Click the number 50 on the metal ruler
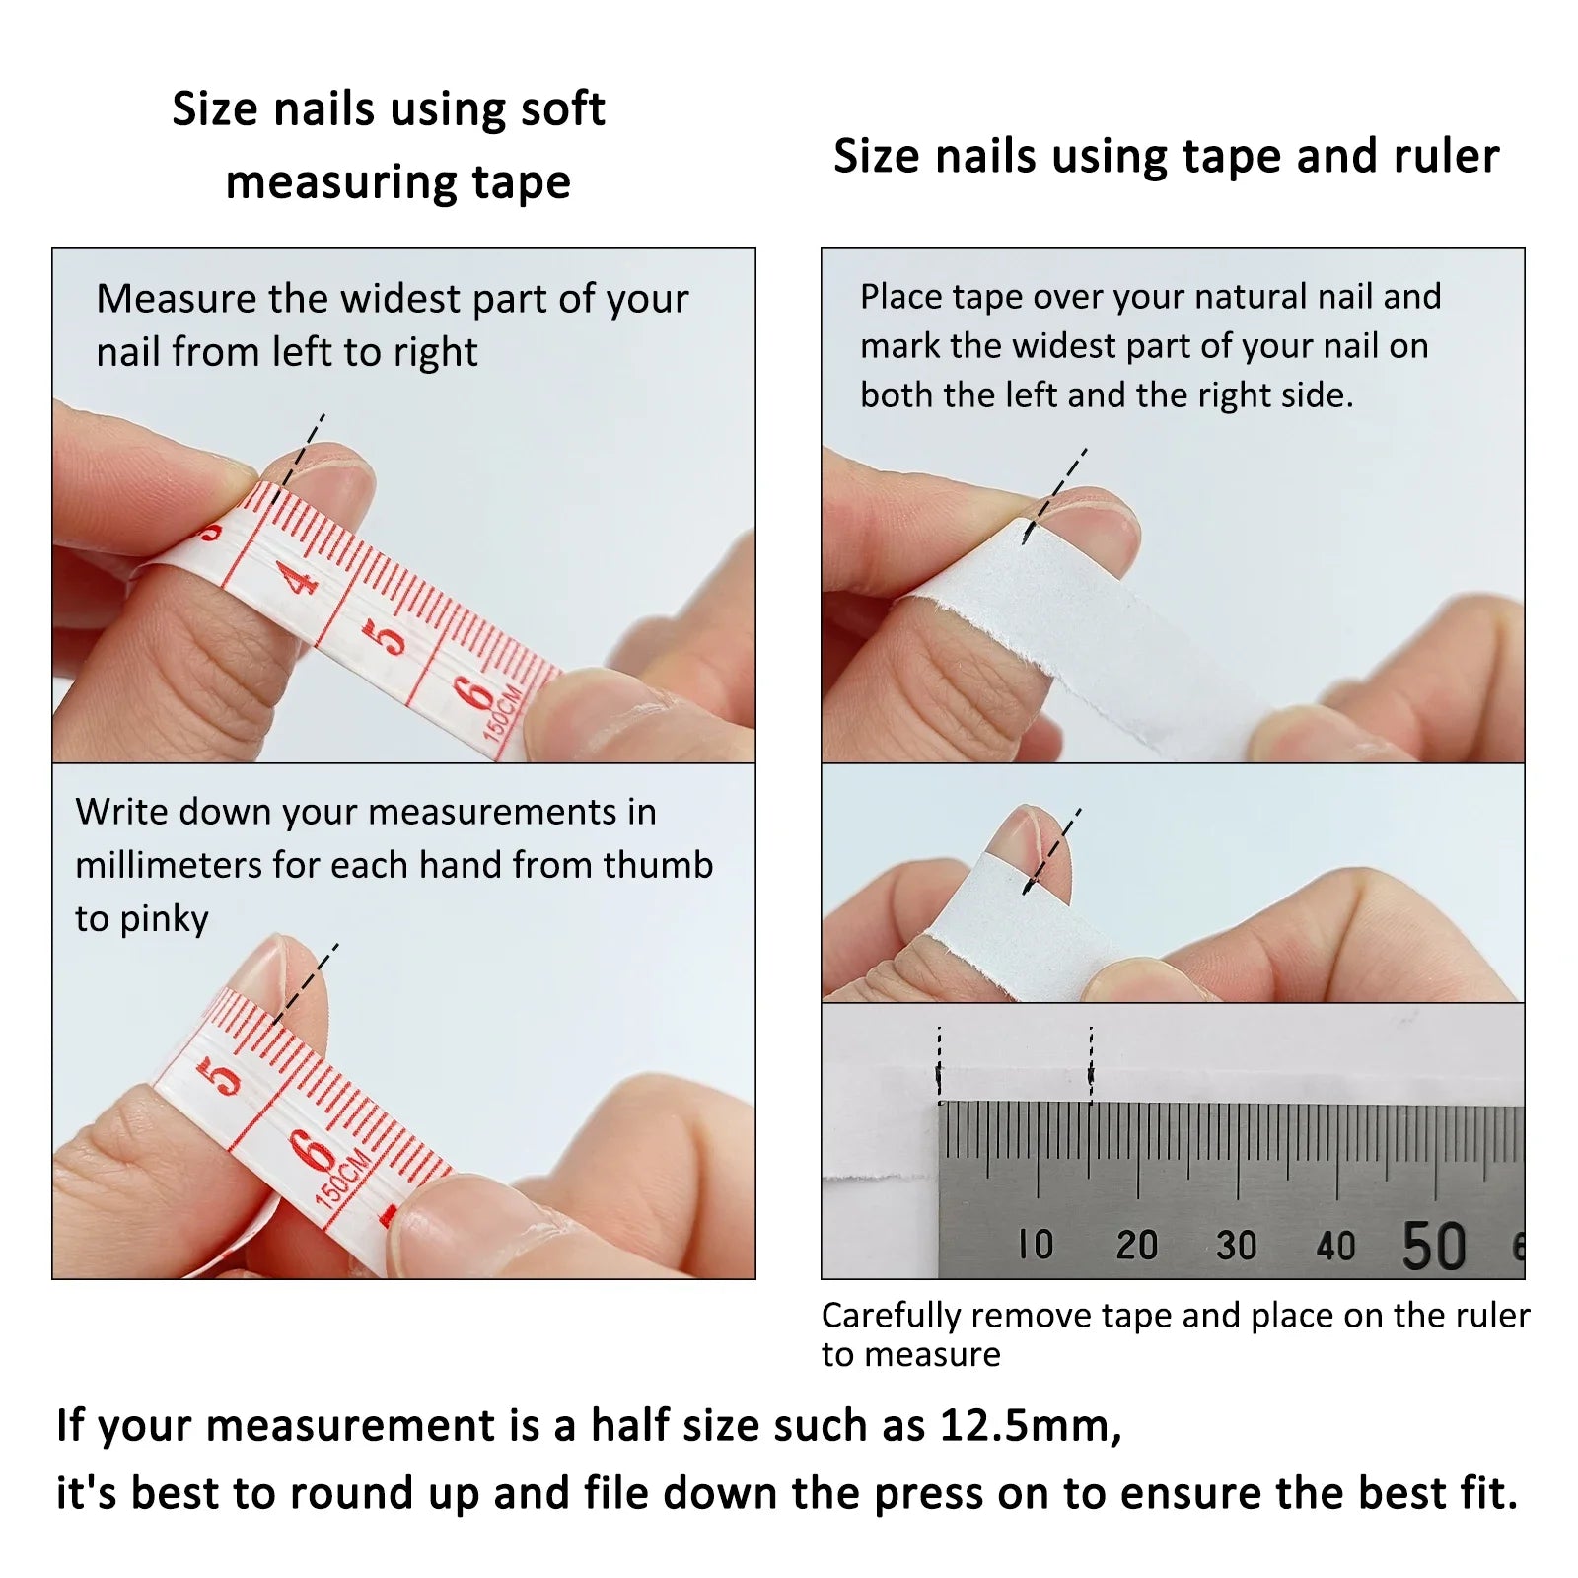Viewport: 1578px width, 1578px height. tap(1434, 1246)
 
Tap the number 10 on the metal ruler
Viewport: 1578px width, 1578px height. tap(1036, 1245)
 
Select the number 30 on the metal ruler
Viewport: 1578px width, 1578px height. tap(1236, 1246)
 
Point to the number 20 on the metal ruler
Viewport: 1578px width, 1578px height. tap(1136, 1245)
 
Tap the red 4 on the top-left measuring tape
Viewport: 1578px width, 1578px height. tap(298, 577)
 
